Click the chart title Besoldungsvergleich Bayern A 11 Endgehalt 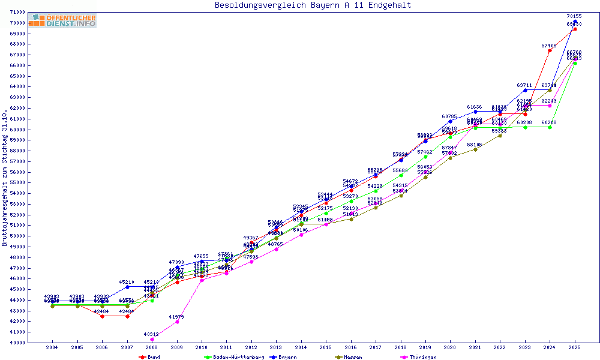point(313,5)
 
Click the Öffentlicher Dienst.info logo point(63,21)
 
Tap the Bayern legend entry point(287,357)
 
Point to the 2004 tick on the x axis point(52,347)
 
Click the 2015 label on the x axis point(326,347)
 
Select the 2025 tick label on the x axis point(575,347)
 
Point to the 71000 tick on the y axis point(17,12)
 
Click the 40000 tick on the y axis point(17,343)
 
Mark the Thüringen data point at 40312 point(152,339)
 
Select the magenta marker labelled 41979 point(177,322)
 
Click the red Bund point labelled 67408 point(550,50)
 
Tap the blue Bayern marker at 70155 point(575,22)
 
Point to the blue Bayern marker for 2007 point(127,287)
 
